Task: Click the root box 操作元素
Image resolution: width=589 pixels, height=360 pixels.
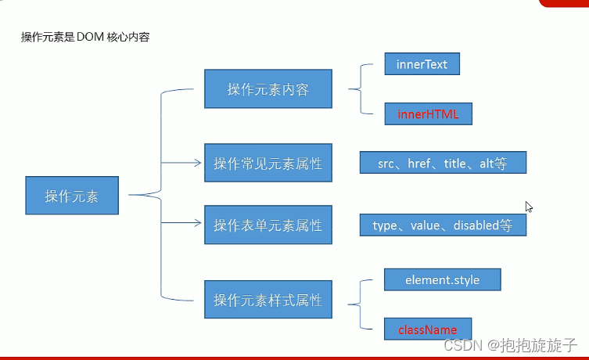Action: [72, 196]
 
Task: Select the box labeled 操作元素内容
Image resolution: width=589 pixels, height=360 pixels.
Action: [268, 88]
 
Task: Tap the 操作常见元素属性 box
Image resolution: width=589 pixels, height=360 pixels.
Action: [268, 163]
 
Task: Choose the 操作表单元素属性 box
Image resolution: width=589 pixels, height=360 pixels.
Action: [268, 225]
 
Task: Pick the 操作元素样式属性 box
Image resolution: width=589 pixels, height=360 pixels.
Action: [268, 300]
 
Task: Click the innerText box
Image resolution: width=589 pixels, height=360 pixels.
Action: [422, 64]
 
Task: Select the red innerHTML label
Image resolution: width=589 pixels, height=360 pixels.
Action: [428, 114]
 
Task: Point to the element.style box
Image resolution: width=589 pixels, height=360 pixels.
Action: [443, 279]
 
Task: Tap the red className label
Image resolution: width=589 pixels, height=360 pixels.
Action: [428, 330]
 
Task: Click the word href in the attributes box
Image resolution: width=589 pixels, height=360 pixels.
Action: [419, 164]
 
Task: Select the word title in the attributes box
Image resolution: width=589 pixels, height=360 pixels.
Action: [455, 164]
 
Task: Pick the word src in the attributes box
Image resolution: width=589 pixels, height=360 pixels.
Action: [386, 164]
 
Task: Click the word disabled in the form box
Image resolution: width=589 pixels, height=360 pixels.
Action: [476, 225]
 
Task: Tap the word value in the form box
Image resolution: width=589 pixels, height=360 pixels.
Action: [426, 225]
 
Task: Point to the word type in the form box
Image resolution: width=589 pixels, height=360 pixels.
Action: [385, 226]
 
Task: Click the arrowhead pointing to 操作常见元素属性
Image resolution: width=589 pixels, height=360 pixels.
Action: [198, 163]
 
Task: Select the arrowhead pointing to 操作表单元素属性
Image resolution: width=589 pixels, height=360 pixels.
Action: [198, 223]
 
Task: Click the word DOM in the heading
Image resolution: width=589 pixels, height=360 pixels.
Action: [90, 37]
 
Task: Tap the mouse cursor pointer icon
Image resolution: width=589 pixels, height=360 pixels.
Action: [529, 207]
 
